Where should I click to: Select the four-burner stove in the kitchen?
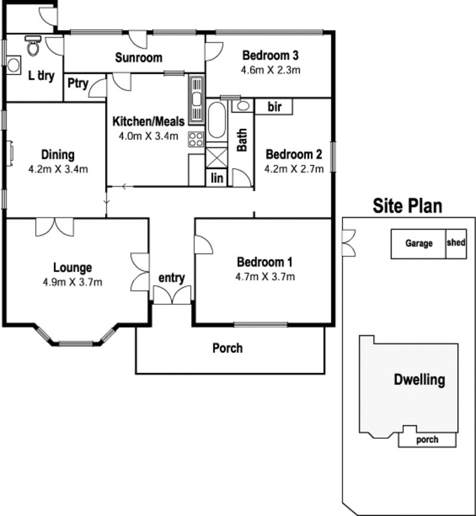pos(196,139)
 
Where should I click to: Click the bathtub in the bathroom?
pos(217,120)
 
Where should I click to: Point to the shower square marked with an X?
pos(217,158)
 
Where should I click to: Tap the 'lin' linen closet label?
pos(217,178)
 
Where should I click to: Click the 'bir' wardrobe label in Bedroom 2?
pos(274,107)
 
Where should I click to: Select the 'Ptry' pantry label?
pos(78,84)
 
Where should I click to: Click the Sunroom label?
pos(139,58)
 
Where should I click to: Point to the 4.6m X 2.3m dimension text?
pos(270,70)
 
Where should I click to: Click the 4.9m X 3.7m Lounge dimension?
pos(73,282)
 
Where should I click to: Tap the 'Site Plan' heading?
pos(407,206)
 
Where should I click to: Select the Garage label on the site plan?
pos(419,243)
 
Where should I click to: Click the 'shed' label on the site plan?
pos(456,243)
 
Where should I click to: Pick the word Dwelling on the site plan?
pos(419,380)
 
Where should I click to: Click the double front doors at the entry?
pos(172,295)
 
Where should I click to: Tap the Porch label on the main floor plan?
pos(227,348)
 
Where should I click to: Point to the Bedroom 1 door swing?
pos(203,244)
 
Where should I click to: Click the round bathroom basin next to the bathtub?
pos(243,106)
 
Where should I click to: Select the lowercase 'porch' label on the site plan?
pos(427,440)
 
